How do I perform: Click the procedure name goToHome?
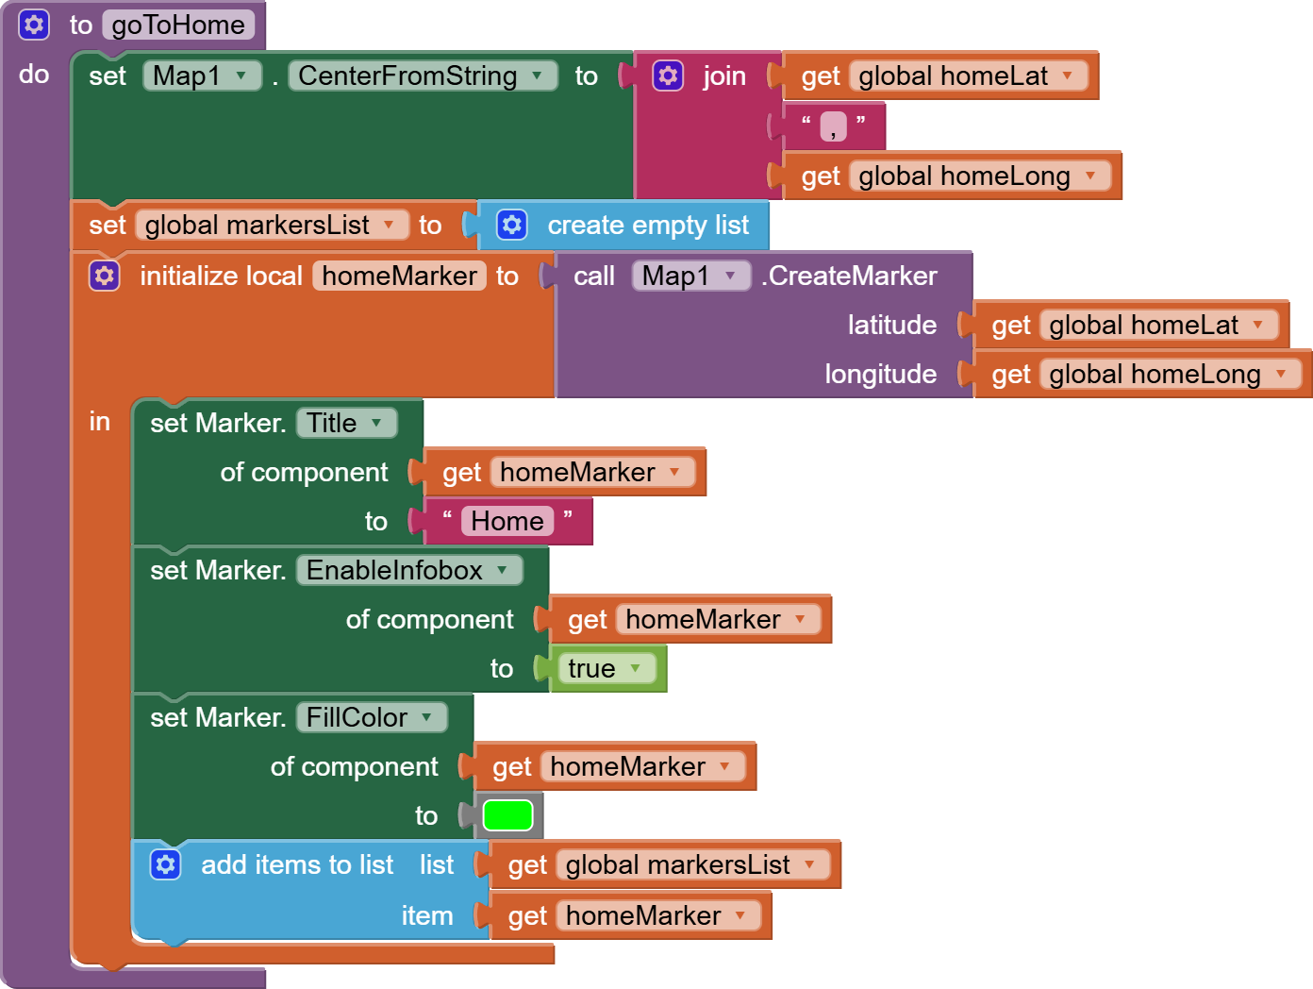pos(178,25)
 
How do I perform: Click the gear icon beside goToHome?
pos(34,25)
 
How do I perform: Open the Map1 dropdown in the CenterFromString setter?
pos(201,75)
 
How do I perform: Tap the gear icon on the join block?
pos(668,75)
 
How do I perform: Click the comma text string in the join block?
pos(833,126)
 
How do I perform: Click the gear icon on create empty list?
pos(511,225)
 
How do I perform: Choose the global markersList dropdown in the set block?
pos(270,225)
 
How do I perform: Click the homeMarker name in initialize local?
pos(399,276)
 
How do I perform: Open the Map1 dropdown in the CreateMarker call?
pos(690,276)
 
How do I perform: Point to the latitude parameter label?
pos(891,325)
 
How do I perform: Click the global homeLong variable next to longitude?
pos(1167,374)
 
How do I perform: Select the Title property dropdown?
pos(345,423)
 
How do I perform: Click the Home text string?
pos(507,521)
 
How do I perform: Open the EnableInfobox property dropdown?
pos(407,570)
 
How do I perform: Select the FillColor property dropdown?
pos(370,717)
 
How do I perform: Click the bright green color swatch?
pos(507,815)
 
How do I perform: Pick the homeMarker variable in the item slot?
pos(656,915)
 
